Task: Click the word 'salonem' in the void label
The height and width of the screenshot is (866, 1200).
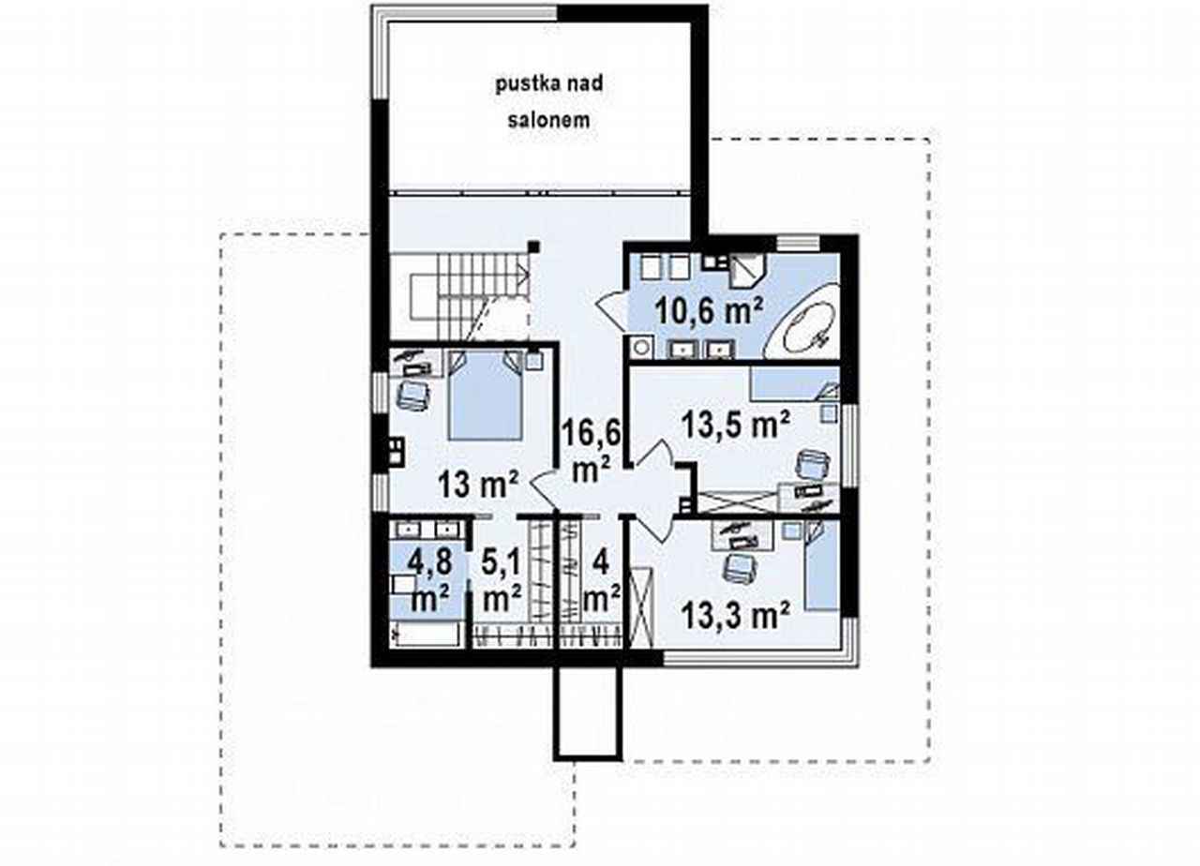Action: click(549, 120)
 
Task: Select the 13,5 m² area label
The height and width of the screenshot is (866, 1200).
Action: click(736, 425)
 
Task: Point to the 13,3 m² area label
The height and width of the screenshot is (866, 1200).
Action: click(736, 616)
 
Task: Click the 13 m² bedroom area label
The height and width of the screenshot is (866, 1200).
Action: click(478, 485)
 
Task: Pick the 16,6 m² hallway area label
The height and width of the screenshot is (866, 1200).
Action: click(591, 451)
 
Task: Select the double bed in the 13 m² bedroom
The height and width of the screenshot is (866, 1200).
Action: click(486, 395)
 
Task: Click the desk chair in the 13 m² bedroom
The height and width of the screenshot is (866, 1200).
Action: click(412, 396)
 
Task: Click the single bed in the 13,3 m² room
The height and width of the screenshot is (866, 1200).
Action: click(821, 566)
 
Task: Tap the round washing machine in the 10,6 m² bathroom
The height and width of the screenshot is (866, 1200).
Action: click(641, 348)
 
